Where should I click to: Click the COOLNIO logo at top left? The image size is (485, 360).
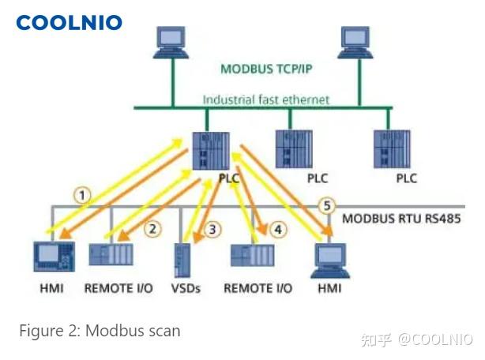coord(70,22)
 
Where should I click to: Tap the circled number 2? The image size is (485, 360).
coord(153,229)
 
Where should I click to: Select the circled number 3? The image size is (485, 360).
coord(212,230)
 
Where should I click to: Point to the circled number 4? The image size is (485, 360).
coord(277,230)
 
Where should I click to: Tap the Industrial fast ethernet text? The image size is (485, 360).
coord(265,100)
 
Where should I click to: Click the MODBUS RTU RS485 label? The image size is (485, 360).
coord(400,218)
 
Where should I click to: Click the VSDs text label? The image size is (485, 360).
coord(186,288)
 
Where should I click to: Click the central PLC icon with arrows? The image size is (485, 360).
coord(212,151)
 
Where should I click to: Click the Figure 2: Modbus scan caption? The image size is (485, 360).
coord(100,331)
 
